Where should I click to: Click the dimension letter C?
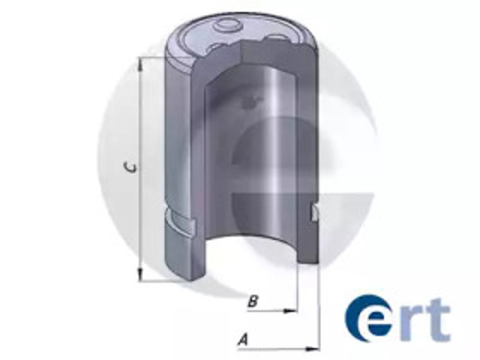tap(131, 168)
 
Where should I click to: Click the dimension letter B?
tap(253, 301)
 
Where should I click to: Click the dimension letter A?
tap(243, 340)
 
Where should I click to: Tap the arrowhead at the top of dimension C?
tap(140, 65)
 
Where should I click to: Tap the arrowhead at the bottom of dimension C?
tap(140, 274)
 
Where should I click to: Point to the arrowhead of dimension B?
tap(290, 311)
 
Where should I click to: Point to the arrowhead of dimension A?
tap(312, 348)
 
